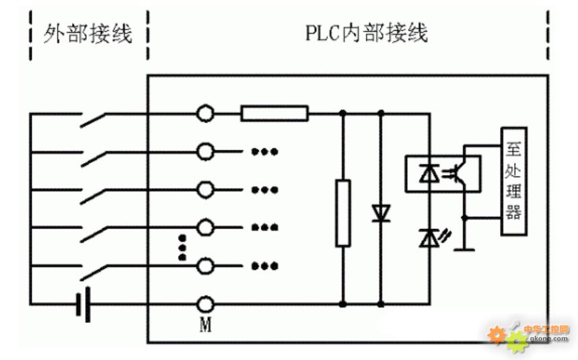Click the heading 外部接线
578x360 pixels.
[x=87, y=34]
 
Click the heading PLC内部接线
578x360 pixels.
[x=367, y=33]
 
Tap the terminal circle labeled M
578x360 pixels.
[x=205, y=304]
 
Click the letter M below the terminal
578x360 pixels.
[x=205, y=324]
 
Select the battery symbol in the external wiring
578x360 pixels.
[x=83, y=304]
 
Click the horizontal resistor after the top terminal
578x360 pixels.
[x=275, y=113]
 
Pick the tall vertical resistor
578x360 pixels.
[x=342, y=213]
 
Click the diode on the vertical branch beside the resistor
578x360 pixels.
[x=381, y=213]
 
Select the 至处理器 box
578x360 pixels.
[x=514, y=181]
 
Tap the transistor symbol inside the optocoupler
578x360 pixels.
[x=459, y=173]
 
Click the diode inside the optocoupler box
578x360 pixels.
[x=429, y=174]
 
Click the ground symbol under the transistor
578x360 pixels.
[x=464, y=250]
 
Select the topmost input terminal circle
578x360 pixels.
[x=205, y=113]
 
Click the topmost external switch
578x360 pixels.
[x=93, y=120]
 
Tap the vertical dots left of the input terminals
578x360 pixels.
[x=182, y=247]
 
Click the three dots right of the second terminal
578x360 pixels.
[x=264, y=151]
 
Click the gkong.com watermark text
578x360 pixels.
[x=549, y=338]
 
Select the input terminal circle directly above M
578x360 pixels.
[x=205, y=266]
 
